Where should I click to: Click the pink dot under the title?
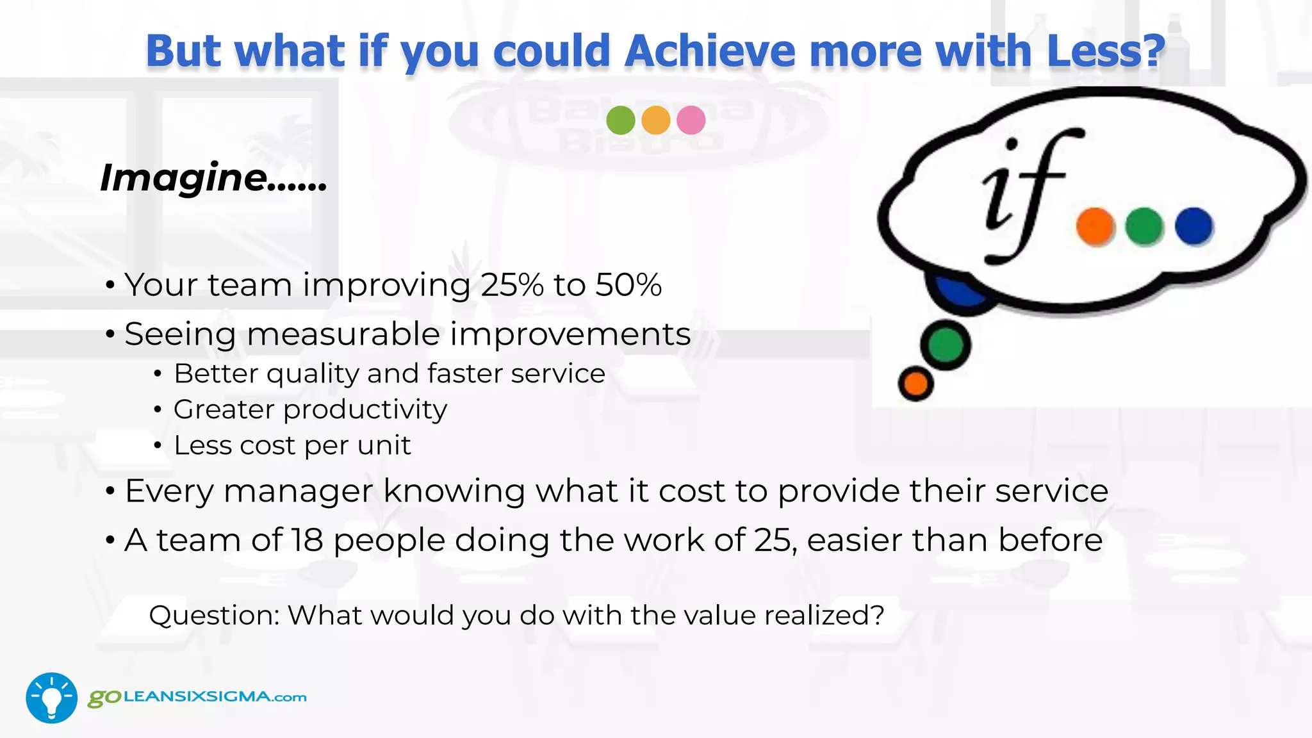[x=691, y=120]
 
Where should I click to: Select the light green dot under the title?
[x=620, y=120]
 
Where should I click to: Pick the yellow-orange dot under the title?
[x=655, y=120]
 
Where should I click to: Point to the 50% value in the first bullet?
[x=628, y=284]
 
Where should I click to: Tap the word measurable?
[x=343, y=334]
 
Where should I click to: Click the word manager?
[x=298, y=492]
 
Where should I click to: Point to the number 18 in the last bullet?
[x=307, y=540]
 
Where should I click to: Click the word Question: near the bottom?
[x=214, y=616]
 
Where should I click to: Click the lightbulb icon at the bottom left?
[x=51, y=698]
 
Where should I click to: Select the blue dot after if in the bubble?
[x=1193, y=226]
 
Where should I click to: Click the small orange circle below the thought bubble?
[x=915, y=383]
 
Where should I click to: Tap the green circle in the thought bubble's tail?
[x=946, y=345]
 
